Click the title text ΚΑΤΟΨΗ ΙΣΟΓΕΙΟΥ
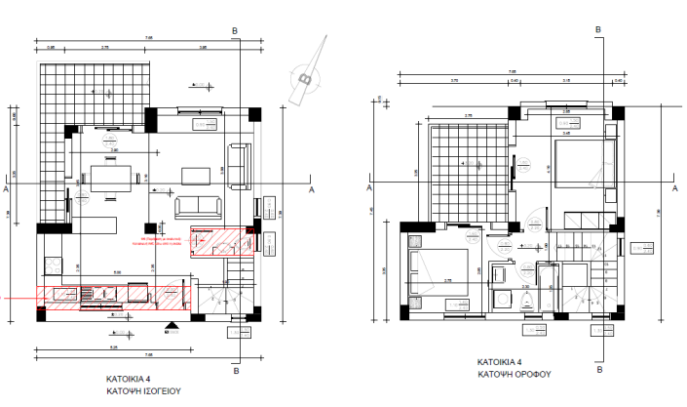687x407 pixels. (x=144, y=389)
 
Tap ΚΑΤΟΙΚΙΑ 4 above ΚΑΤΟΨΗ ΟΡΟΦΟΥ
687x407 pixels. (x=500, y=362)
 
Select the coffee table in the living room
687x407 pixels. (x=196, y=175)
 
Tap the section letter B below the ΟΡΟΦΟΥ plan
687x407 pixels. (x=598, y=370)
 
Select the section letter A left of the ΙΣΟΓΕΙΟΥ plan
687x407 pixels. (x=7, y=187)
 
